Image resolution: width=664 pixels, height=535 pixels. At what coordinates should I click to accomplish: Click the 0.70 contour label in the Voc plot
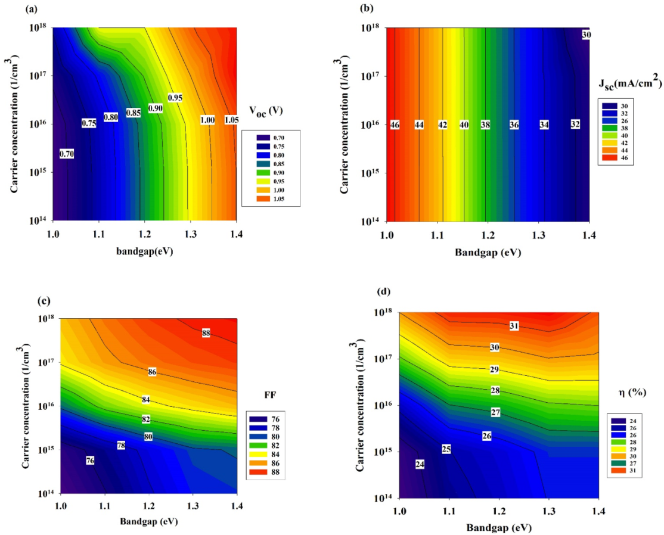tap(67, 154)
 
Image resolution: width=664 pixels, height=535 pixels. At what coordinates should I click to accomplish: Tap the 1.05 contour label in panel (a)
tap(232, 120)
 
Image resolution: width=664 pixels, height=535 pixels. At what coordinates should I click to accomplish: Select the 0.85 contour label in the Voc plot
tap(133, 113)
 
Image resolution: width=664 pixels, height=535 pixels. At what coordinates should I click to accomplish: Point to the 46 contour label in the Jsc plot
tap(395, 125)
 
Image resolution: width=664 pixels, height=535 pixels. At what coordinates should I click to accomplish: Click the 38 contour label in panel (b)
tap(486, 125)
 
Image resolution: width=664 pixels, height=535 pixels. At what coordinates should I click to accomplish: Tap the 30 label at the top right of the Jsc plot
tap(587, 35)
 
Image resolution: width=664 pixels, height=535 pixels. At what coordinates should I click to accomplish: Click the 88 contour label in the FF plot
tap(206, 334)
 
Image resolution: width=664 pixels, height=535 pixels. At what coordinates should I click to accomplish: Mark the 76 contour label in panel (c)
tap(91, 461)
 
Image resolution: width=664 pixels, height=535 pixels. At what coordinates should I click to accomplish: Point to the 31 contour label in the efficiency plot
tap(514, 326)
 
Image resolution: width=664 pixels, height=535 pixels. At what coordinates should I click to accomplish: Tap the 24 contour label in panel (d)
tap(420, 464)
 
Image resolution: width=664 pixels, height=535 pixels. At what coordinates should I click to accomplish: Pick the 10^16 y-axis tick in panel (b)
tap(371, 126)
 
